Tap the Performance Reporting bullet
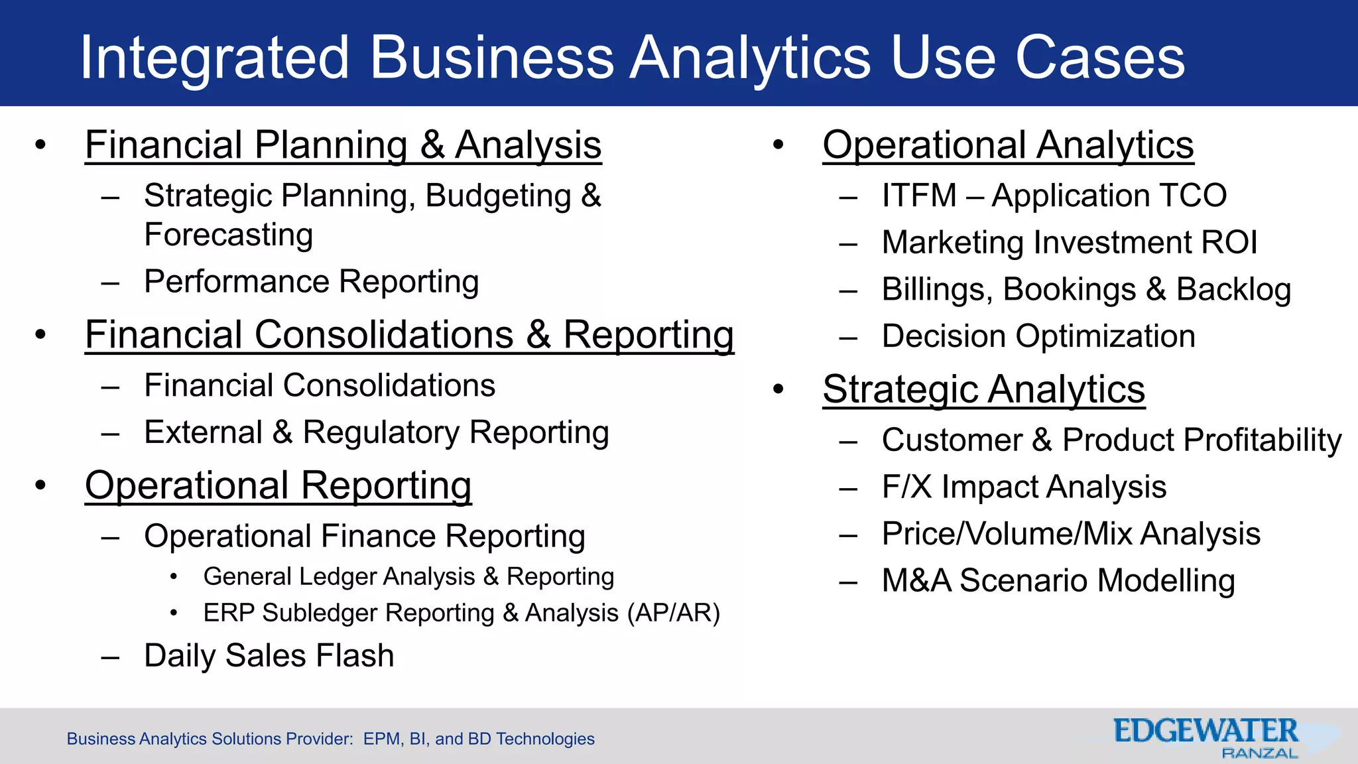click(x=311, y=281)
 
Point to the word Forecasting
click(x=228, y=235)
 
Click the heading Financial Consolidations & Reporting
click(x=409, y=334)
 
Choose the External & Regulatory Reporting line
click(x=376, y=432)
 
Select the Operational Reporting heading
click(x=278, y=485)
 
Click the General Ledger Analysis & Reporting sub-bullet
click(x=408, y=576)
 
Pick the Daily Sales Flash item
click(x=269, y=655)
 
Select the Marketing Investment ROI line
click(x=1069, y=242)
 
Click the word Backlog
click(x=1233, y=289)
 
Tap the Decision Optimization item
click(x=1038, y=336)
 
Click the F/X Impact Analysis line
click(x=1024, y=487)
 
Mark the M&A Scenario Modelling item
click(x=1058, y=580)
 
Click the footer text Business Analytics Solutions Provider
click(x=210, y=739)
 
